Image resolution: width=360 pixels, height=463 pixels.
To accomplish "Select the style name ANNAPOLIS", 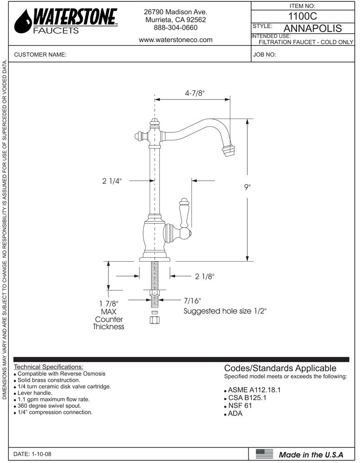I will tap(312, 28).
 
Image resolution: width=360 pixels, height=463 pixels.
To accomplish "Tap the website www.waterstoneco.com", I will tap(176, 40).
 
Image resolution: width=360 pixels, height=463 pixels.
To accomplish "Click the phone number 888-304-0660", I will tap(176, 28).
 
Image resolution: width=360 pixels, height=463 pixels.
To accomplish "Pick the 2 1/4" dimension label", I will tap(112, 181).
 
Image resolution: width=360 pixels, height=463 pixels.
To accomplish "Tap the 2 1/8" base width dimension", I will tap(204, 276).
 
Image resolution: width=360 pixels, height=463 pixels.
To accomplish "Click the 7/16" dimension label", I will tap(192, 300).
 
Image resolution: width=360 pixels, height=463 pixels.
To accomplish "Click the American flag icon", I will tap(265, 454).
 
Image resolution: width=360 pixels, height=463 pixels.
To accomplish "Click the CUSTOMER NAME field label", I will tap(41, 55).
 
